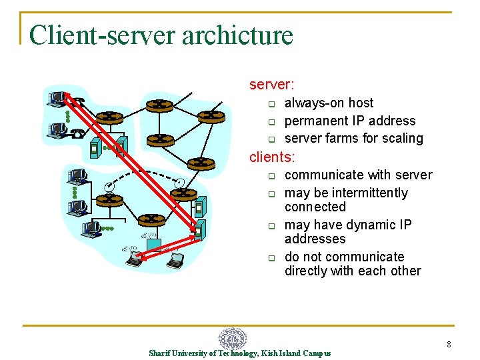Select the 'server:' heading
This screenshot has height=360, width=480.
(x=272, y=85)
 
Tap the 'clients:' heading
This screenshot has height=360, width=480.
(x=272, y=157)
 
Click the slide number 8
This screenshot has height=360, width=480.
(x=449, y=345)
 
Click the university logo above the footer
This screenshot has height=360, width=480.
(x=233, y=339)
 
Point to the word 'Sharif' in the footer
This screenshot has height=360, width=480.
(x=160, y=353)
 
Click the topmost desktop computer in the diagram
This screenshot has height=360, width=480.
(x=57, y=98)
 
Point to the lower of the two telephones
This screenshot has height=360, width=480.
(x=78, y=133)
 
